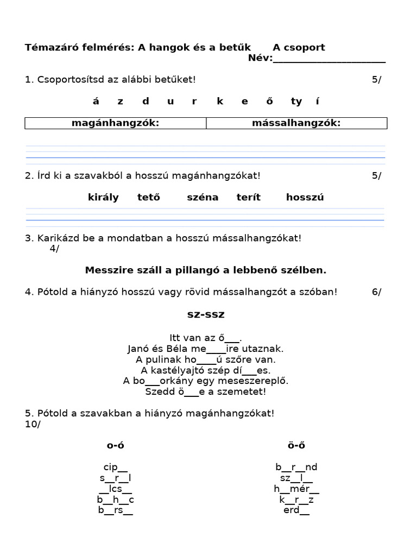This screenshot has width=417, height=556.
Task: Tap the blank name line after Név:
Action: click(329, 59)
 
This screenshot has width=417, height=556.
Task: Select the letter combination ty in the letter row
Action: click(296, 102)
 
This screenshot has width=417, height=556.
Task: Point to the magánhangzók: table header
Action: click(115, 123)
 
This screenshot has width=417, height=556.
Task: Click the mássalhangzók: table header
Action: click(296, 123)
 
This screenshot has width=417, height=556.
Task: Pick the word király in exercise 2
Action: click(103, 197)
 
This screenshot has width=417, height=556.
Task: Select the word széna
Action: click(203, 197)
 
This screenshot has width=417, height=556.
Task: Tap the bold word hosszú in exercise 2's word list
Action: click(305, 197)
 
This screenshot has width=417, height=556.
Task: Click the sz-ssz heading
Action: click(205, 314)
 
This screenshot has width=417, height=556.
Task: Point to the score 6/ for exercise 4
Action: click(376, 292)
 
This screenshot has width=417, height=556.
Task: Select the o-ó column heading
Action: click(115, 446)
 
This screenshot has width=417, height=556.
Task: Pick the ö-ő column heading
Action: click(296, 446)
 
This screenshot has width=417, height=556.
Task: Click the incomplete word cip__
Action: click(115, 467)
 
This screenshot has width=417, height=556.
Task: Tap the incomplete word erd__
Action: click(296, 510)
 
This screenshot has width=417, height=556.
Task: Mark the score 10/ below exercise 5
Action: click(33, 424)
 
